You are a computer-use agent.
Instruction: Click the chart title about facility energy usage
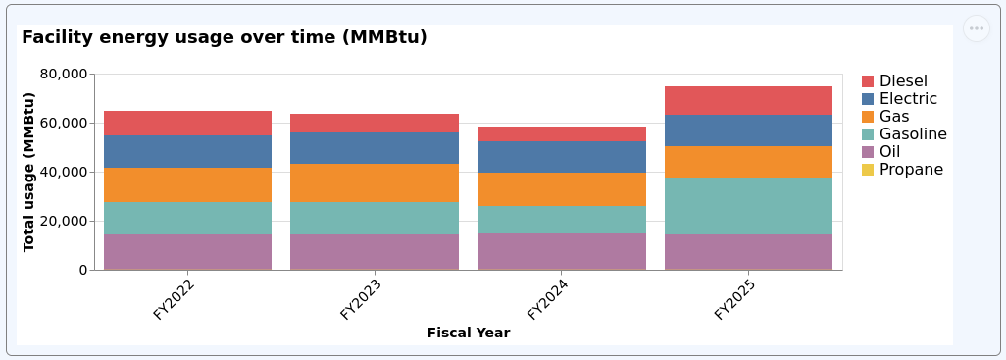point(225,38)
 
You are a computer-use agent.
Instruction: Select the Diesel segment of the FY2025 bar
point(748,101)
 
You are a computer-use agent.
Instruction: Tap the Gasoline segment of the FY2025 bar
point(748,206)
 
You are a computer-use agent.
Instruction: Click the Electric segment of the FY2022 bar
point(187,151)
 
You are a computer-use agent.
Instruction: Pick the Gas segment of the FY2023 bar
point(375,182)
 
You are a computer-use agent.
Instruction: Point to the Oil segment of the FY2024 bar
point(561,251)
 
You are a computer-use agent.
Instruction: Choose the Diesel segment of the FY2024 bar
point(561,133)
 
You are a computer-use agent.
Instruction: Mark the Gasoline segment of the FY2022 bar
point(187,218)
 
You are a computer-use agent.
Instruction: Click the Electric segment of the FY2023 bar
point(375,148)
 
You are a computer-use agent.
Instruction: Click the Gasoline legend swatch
point(868,134)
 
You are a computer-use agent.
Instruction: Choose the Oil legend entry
point(889,152)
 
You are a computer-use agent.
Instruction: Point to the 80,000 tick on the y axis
point(64,74)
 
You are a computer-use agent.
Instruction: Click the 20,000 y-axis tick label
point(64,221)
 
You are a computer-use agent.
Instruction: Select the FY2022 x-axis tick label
point(174,299)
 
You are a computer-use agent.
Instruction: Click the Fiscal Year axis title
point(468,334)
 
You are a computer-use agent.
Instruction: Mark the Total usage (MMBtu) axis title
point(29,172)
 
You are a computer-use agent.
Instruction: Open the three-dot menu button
point(976,28)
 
